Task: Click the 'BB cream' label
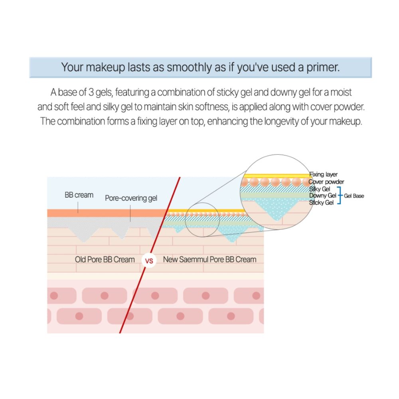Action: pyautogui.click(x=79, y=195)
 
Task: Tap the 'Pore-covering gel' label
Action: pyautogui.click(x=131, y=198)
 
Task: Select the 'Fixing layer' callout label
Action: pyautogui.click(x=323, y=174)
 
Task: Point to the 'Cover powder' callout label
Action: pyautogui.click(x=326, y=182)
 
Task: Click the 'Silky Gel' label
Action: pyautogui.click(x=319, y=188)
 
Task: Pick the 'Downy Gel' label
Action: pyautogui.click(x=322, y=196)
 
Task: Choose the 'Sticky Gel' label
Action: pyautogui.click(x=321, y=203)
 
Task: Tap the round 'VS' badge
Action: pyautogui.click(x=149, y=262)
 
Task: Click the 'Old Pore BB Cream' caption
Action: pyautogui.click(x=105, y=259)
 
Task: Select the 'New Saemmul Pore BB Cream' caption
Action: pyautogui.click(x=209, y=259)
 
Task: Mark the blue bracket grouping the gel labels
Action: pyautogui.click(x=339, y=196)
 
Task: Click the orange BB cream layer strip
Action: pyautogui.click(x=104, y=213)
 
